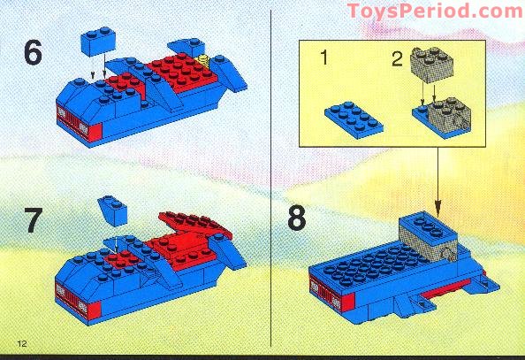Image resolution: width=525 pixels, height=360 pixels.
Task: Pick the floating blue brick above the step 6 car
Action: tap(100, 41)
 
